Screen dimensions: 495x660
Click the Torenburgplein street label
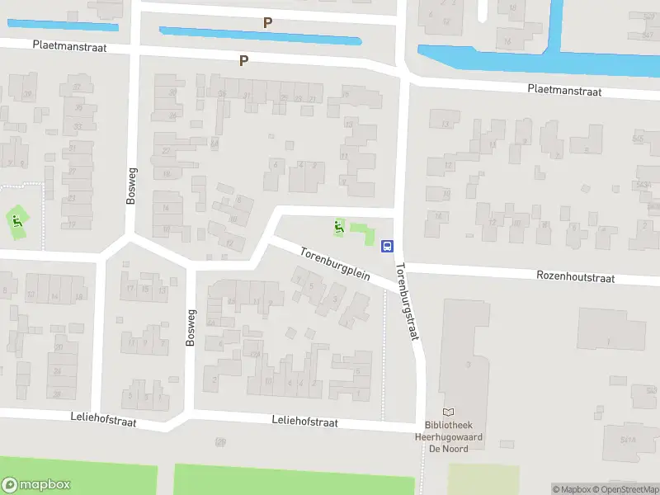pyautogui.click(x=334, y=263)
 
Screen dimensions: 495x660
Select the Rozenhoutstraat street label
pyautogui.click(x=575, y=278)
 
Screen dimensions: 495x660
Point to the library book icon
pyautogui.click(x=449, y=412)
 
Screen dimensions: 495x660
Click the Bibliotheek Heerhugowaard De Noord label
pyautogui.click(x=448, y=436)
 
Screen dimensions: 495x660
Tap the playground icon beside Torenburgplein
pyautogui.click(x=338, y=226)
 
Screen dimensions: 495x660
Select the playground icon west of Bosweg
pyautogui.click(x=16, y=220)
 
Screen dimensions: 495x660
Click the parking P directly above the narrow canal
pyautogui.click(x=266, y=22)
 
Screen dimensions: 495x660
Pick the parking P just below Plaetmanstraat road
pyautogui.click(x=243, y=60)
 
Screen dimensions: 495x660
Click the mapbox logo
pyautogui.click(x=35, y=485)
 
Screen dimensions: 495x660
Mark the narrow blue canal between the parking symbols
pyautogui.click(x=260, y=35)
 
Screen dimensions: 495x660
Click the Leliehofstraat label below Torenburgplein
pyautogui.click(x=305, y=422)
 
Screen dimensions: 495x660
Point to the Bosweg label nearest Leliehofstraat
pyautogui.click(x=191, y=326)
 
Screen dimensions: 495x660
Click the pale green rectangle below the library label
pyautogui.click(x=483, y=478)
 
